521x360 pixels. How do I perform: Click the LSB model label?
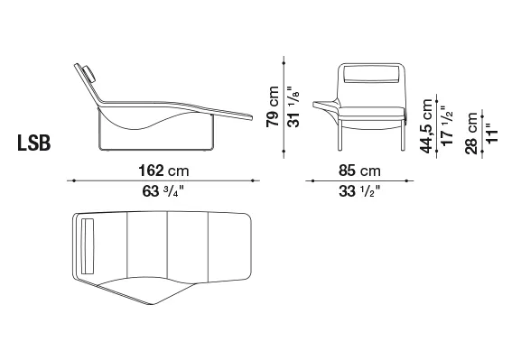(x=34, y=143)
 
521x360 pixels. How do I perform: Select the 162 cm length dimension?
(x=163, y=171)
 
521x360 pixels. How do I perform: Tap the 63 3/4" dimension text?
(x=163, y=191)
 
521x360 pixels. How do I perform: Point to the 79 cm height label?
(x=273, y=106)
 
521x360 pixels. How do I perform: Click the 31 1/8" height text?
(x=293, y=106)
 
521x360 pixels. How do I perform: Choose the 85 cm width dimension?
(x=359, y=171)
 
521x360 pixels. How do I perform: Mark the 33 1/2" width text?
(x=359, y=191)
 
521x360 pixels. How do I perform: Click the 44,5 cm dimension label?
(x=426, y=126)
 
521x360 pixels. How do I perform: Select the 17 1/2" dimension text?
(x=448, y=125)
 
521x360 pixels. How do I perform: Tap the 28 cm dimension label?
(x=471, y=134)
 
